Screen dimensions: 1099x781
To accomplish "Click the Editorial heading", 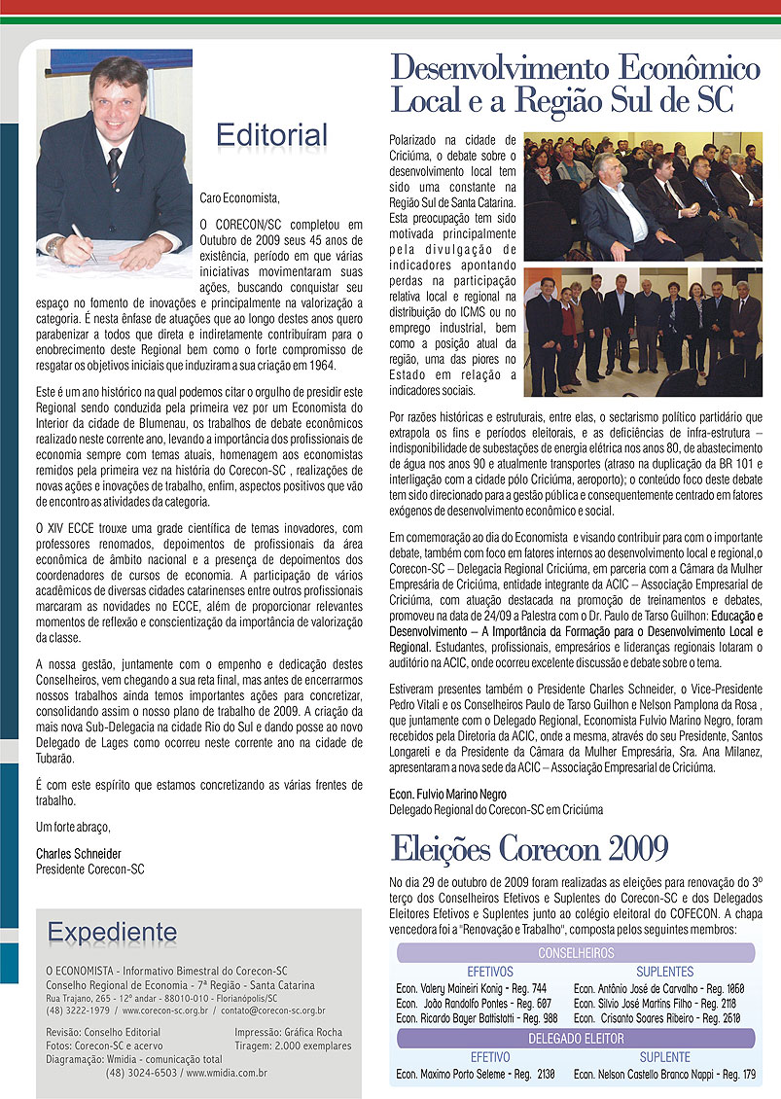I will pyautogui.click(x=271, y=133).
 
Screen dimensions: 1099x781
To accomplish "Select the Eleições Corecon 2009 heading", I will pyautogui.click(x=529, y=849).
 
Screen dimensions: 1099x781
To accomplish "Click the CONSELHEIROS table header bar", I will pyautogui.click(x=577, y=953).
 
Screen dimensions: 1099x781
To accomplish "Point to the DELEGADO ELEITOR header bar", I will pyautogui.click(x=577, y=1039).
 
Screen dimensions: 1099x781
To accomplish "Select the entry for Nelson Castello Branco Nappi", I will pyautogui.click(x=664, y=1075).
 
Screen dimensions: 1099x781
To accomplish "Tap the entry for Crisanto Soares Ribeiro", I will pyautogui.click(x=657, y=1017).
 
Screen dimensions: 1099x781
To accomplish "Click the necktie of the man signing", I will pyautogui.click(x=115, y=166).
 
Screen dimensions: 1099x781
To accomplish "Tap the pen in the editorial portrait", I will pyautogui.click(x=82, y=240).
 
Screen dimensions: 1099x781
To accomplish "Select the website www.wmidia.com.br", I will pyautogui.click(x=226, y=1074).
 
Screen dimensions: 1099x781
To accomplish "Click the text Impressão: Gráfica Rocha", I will pyautogui.click(x=289, y=1032).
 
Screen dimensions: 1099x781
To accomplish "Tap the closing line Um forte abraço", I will pyautogui.click(x=73, y=827).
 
